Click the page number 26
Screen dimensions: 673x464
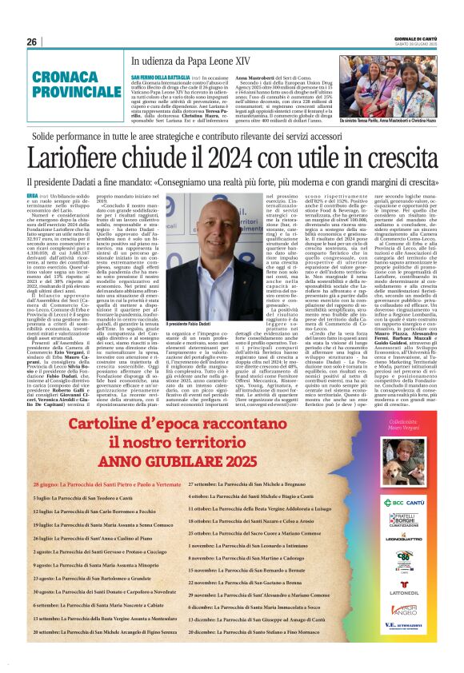tap(31, 42)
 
